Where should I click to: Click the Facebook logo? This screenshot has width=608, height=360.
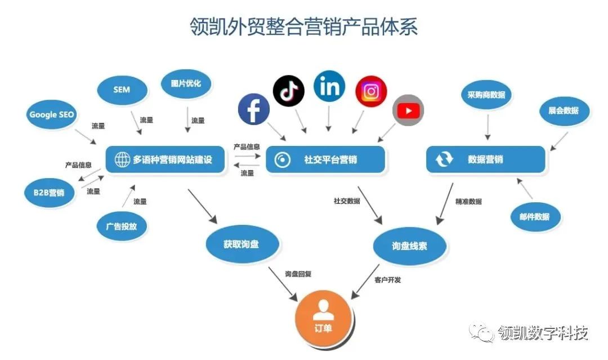coord(253,109)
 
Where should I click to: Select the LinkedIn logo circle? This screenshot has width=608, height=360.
coord(329,86)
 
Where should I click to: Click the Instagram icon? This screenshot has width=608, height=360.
coord(371,91)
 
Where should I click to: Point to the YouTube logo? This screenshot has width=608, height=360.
coord(408,110)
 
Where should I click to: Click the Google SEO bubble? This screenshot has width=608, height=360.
coord(51,114)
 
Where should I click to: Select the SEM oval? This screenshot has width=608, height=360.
coord(122,90)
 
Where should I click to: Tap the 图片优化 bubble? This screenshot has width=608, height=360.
coord(185,84)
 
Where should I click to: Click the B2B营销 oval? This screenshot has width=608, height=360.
coord(45,193)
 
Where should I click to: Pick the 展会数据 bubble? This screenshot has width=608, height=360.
coord(564,111)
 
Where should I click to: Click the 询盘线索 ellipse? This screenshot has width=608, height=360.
coord(409,246)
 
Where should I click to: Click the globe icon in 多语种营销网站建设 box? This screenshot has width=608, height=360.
coord(122,160)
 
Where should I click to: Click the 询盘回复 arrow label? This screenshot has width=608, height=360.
coord(298,274)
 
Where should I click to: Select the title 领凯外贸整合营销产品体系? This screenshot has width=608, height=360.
coord(303,26)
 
